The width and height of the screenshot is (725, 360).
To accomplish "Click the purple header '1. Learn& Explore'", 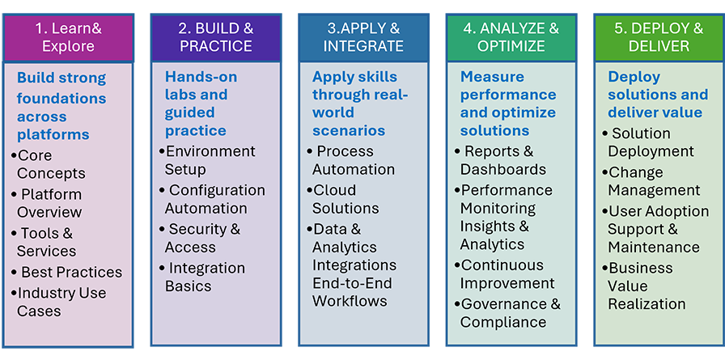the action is pyautogui.click(x=69, y=37).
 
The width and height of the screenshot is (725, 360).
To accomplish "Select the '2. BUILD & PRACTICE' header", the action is pyautogui.click(x=216, y=37).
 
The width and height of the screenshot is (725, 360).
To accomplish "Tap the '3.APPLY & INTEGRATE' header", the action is pyautogui.click(x=363, y=37).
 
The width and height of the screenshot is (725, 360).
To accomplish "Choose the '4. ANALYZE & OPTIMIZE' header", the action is pyautogui.click(x=511, y=37).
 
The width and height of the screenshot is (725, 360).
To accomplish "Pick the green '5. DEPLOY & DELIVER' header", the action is pyautogui.click(x=659, y=37).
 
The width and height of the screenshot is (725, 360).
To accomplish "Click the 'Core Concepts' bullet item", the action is pyautogui.click(x=49, y=164).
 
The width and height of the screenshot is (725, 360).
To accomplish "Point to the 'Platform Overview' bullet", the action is pyautogui.click(x=47, y=203).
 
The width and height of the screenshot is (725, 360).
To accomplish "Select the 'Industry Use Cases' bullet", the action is pyautogui.click(x=59, y=302).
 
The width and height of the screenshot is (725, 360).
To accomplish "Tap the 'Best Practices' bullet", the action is pyautogui.click(x=66, y=272).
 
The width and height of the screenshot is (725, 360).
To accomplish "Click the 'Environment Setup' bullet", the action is pyautogui.click(x=207, y=160).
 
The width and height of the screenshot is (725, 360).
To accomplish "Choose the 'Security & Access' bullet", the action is pyautogui.click(x=200, y=238).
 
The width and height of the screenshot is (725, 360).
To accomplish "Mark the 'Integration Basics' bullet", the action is pyautogui.click(x=202, y=277).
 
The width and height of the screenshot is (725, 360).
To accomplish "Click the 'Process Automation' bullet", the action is pyautogui.click(x=351, y=160).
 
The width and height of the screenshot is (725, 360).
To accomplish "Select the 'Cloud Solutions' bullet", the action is pyautogui.click(x=342, y=199).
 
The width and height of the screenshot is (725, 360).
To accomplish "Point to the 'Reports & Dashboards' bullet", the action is pyautogui.click(x=500, y=160).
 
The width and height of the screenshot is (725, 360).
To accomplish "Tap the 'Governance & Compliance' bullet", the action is pyautogui.click(x=507, y=312).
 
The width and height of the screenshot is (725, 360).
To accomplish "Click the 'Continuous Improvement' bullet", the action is pyautogui.click(x=504, y=273).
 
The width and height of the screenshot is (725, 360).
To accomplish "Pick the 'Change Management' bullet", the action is pyautogui.click(x=651, y=180).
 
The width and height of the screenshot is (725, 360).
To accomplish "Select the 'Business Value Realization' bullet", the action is pyautogui.click(x=643, y=286).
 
